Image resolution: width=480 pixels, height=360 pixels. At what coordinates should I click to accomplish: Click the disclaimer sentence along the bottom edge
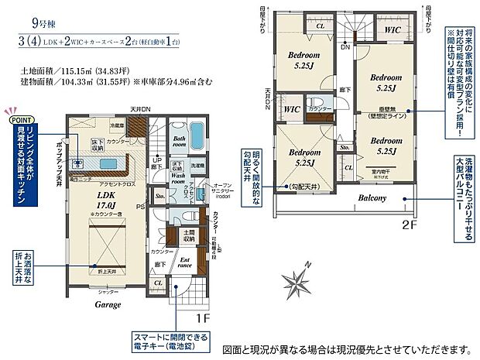[349, 348]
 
